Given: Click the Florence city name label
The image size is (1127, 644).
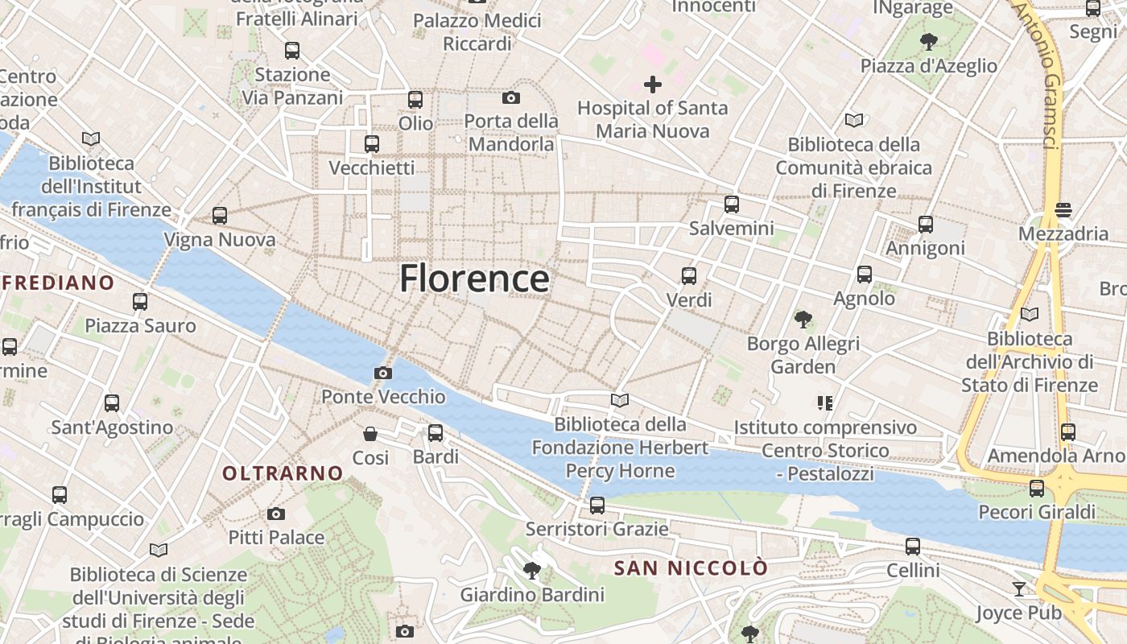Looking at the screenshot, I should (474, 279).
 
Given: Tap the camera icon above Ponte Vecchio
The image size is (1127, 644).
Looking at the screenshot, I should (383, 373).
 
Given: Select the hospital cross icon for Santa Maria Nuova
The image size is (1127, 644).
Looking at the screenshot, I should (653, 84).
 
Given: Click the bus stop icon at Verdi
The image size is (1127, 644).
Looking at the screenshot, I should (689, 276).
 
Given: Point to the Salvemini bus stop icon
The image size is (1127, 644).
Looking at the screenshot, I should (731, 204).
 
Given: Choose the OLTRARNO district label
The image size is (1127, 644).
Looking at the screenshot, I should (283, 473).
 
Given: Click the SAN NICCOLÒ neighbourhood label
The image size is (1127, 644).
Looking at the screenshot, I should (691, 568).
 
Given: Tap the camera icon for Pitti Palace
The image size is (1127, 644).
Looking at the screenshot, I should (276, 514).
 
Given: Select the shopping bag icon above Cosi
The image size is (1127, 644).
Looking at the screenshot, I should (370, 434).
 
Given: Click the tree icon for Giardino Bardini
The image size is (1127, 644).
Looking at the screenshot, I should (531, 571).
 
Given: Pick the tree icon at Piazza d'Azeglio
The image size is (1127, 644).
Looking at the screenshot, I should (929, 41).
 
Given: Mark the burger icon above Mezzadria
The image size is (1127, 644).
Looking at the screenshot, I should (1063, 210).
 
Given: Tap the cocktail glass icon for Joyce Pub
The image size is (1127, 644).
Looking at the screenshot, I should (1019, 589).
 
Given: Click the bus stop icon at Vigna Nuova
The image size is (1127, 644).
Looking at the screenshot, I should (220, 216).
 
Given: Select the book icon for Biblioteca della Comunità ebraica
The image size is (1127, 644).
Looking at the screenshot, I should (854, 121).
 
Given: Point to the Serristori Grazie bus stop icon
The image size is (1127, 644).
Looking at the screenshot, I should (597, 506).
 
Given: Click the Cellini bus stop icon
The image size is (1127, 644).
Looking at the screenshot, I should (913, 547).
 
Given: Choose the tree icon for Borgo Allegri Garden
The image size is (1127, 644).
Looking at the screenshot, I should (803, 320).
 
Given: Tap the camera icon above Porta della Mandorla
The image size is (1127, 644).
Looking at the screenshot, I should (510, 98).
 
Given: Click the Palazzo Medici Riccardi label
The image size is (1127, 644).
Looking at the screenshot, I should (477, 32).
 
